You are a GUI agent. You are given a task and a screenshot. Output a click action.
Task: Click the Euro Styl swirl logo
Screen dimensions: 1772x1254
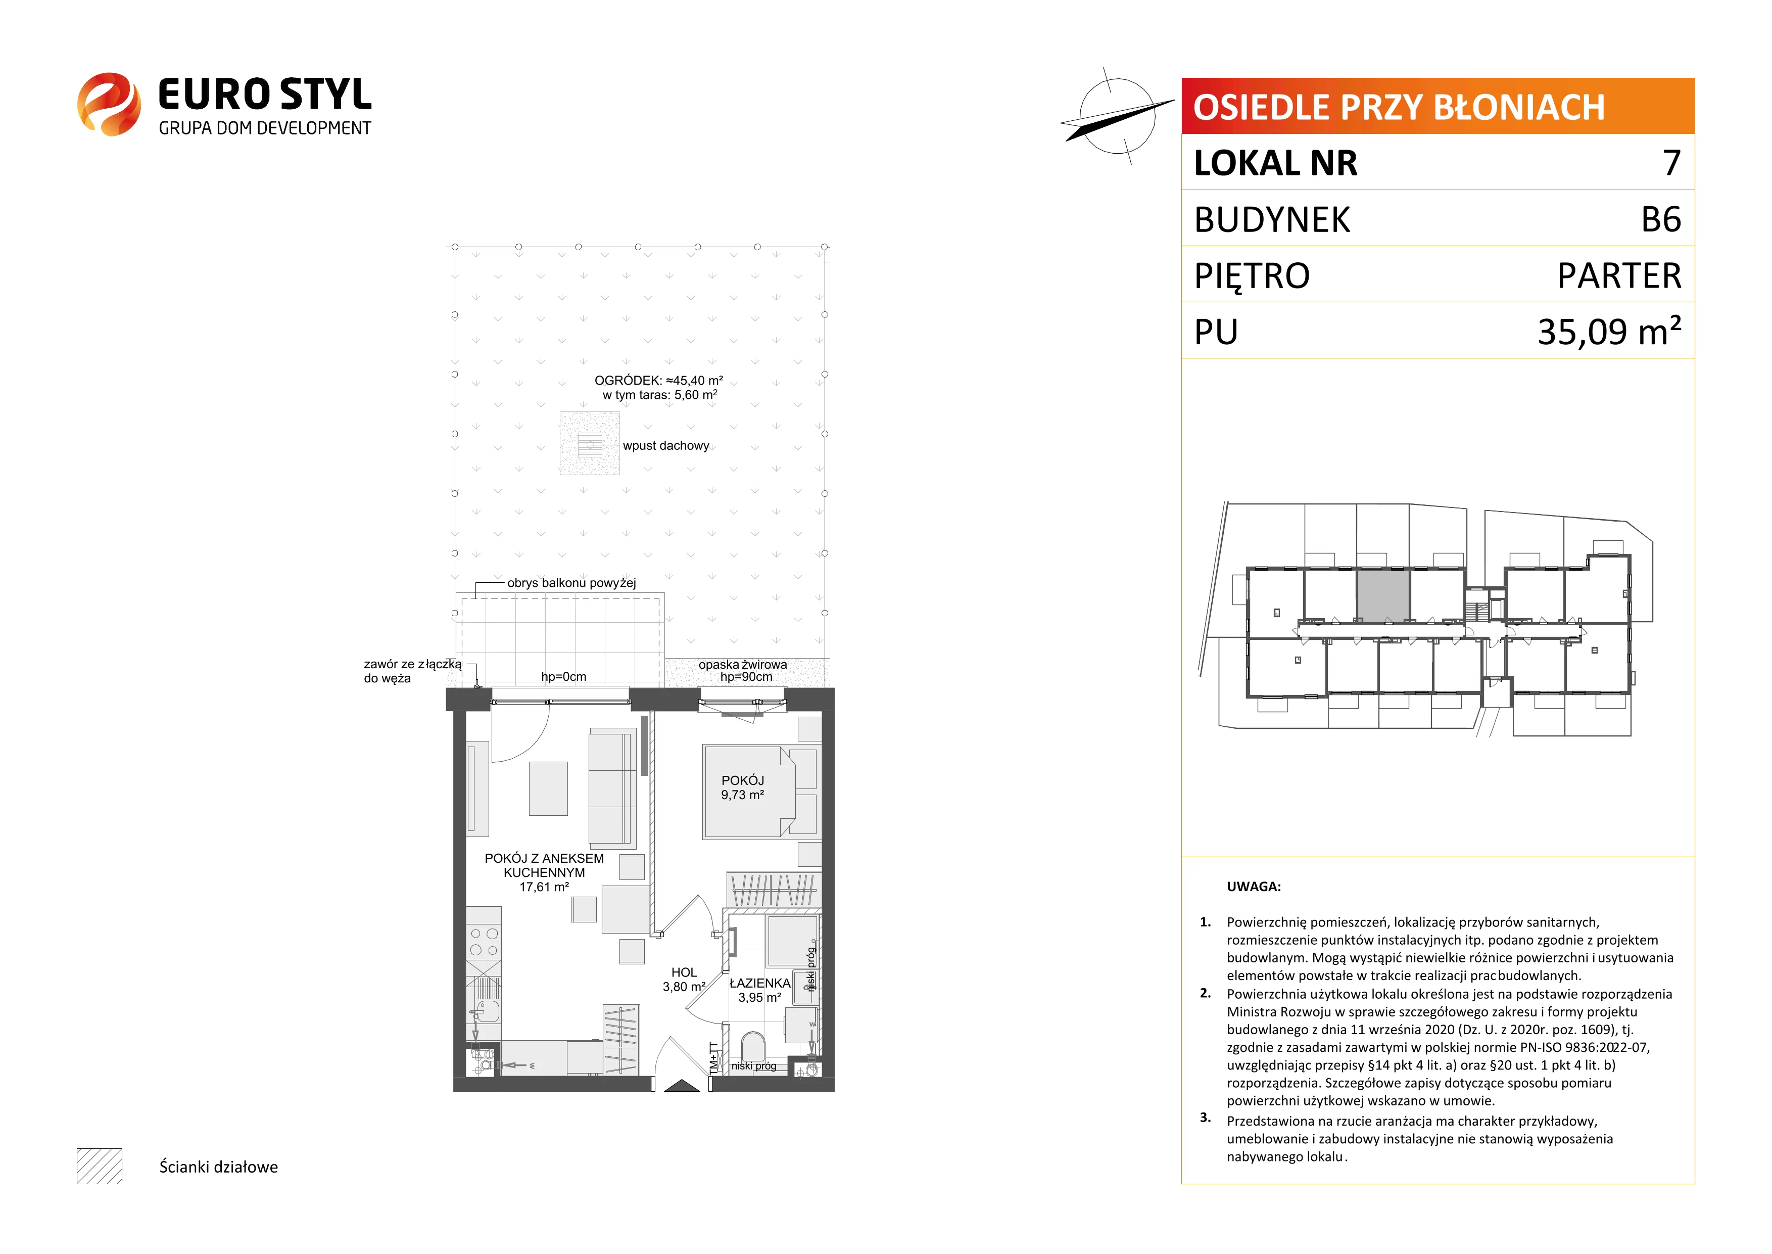coord(109,104)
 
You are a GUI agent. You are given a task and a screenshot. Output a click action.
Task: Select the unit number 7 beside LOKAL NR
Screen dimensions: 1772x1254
coord(1671,163)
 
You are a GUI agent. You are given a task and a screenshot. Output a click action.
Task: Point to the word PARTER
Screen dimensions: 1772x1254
coord(1619,275)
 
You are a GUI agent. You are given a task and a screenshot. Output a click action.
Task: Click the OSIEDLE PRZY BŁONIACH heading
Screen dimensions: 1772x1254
coord(1399,107)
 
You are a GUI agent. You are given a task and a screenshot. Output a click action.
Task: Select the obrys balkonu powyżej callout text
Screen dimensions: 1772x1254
coord(571,583)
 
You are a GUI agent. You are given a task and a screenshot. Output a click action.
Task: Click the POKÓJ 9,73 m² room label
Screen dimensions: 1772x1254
coord(742,787)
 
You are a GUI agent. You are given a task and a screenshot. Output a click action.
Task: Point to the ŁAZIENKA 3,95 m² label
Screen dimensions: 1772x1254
coord(759,990)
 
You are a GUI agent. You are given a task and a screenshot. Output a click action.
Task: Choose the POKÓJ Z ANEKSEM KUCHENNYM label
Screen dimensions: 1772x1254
coord(544,872)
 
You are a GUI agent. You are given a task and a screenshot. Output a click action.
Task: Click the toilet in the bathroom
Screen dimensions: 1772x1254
coord(752,1047)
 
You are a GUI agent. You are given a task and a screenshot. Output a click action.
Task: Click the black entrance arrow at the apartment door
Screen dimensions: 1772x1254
coord(682,1086)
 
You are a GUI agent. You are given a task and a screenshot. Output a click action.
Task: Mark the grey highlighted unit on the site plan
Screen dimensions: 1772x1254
coord(1383,594)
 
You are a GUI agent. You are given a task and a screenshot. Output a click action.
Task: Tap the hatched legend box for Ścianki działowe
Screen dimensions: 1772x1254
coord(100,1166)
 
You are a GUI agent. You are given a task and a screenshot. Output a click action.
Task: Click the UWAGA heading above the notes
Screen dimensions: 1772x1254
coord(1254,887)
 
